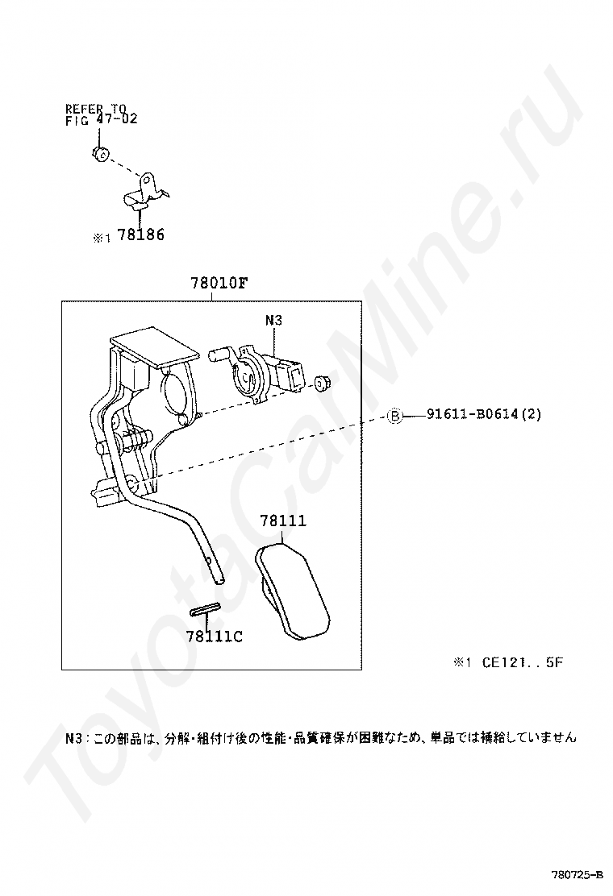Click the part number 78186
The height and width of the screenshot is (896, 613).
tap(140, 234)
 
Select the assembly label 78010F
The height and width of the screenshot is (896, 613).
tap(219, 283)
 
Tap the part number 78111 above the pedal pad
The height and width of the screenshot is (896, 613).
tap(283, 521)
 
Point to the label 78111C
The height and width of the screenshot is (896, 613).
tap(214, 636)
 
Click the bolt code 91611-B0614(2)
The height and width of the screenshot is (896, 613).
tap(484, 414)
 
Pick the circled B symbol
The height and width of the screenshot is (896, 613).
tap(395, 416)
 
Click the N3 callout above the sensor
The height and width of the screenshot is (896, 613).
tap(274, 321)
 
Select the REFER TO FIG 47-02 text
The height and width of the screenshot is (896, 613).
tap(101, 114)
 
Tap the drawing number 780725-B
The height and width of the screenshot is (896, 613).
tap(577, 875)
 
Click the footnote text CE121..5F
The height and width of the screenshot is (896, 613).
tap(523, 662)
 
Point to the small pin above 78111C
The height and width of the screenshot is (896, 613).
tap(205, 610)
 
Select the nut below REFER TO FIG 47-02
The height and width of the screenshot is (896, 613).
tap(101, 153)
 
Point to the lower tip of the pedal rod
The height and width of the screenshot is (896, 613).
tap(220, 582)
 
